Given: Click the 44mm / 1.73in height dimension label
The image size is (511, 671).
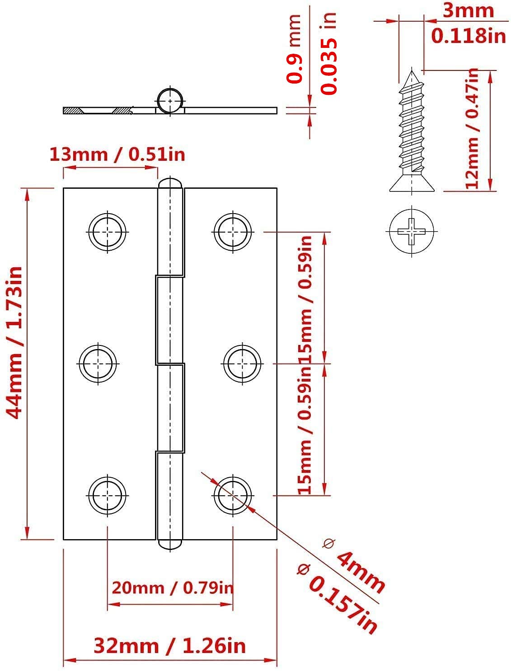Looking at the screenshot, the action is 14,343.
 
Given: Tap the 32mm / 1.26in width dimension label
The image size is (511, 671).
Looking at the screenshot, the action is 170,646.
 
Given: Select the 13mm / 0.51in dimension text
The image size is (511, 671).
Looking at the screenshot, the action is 117,154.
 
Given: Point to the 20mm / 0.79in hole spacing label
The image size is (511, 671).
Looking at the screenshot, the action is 173,588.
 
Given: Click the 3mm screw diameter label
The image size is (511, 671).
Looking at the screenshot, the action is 468,10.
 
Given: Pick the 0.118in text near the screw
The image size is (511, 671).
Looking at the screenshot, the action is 469,36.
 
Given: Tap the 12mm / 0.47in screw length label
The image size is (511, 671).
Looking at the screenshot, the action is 472,128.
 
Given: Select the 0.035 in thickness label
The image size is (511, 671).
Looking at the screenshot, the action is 329,53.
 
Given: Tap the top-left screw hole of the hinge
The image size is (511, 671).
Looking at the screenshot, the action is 108,232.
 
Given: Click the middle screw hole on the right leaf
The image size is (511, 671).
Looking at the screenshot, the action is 242,363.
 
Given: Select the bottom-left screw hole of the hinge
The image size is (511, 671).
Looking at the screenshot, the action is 108,495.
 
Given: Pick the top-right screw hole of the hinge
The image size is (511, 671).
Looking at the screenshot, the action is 233,232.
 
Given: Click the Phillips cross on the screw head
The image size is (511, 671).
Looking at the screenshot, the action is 412,231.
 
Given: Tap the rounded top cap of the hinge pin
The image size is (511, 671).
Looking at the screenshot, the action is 170,183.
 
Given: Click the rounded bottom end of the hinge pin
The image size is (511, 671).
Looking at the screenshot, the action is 170,544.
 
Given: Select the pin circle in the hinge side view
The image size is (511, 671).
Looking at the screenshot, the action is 170,101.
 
